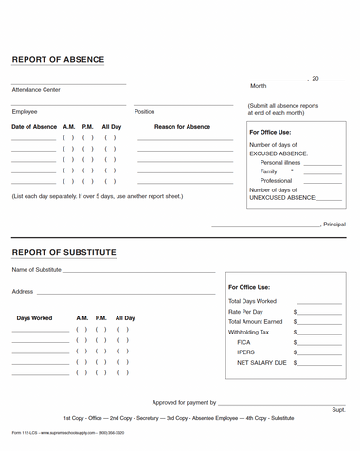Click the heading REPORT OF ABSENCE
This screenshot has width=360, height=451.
tap(58, 60)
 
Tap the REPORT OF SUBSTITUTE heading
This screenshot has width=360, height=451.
tap(63, 253)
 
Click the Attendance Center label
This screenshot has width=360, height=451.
tap(36, 90)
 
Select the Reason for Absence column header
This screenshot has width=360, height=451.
tap(182, 126)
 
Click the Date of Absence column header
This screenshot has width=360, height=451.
tap(34, 126)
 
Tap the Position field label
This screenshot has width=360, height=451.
tap(144, 112)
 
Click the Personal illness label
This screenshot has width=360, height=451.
tap(280, 162)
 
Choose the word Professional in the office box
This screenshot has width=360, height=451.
tap(276, 180)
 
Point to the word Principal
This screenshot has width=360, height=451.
tap(334, 225)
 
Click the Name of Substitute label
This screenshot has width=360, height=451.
tap(37, 270)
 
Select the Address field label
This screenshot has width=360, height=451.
tap(23, 292)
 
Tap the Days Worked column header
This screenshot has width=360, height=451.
tap(35, 318)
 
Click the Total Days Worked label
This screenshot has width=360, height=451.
tap(253, 301)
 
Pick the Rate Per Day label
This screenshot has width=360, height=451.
tap(246, 311)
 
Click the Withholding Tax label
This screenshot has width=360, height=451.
tap(250, 332)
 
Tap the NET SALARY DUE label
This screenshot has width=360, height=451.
tap(261, 363)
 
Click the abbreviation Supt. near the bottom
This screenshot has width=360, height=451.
tap(338, 409)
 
